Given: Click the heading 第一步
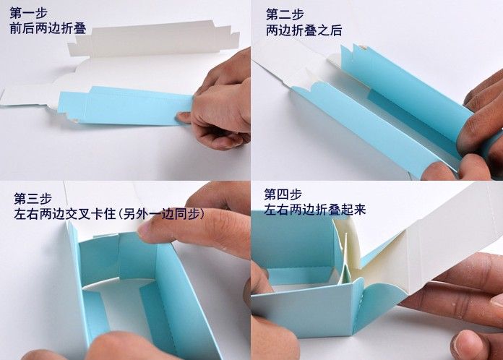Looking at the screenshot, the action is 29,13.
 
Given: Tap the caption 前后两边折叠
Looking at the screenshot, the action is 48,28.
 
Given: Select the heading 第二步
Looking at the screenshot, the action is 285,14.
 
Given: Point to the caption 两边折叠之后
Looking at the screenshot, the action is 304,30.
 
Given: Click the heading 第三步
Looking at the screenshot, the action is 33,199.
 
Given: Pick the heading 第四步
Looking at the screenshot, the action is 283,194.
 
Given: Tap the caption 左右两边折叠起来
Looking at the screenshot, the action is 315,210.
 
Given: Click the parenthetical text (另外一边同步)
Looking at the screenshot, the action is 161,214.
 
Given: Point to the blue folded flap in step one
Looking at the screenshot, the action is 125,105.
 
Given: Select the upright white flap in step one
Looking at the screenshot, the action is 154,39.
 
